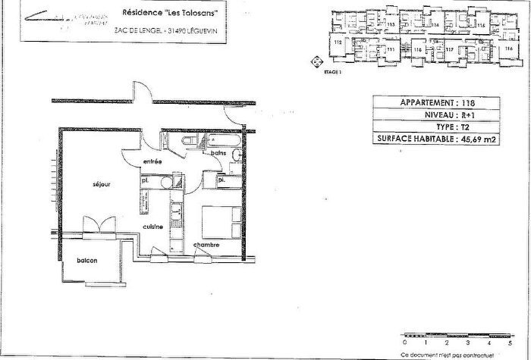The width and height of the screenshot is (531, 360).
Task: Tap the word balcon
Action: tap(86, 261)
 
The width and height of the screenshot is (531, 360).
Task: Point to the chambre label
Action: tap(206, 244)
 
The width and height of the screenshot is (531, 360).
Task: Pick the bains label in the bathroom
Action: tap(220, 153)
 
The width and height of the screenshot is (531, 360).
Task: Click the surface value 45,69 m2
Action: tap(479, 139)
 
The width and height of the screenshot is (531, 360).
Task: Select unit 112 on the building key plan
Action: tap(336, 43)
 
